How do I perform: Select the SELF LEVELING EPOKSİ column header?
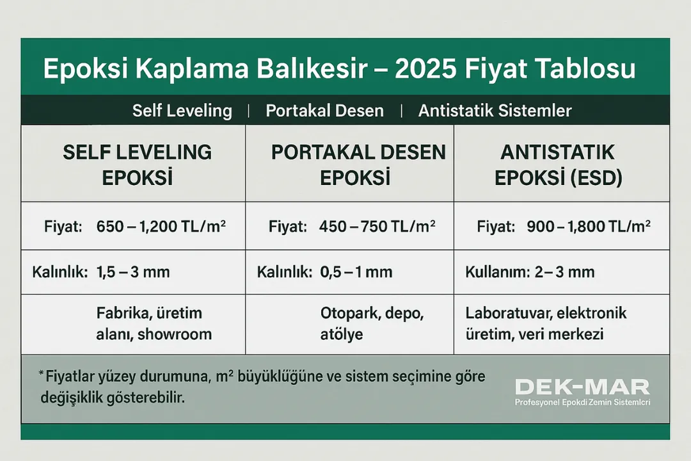pos(137,164)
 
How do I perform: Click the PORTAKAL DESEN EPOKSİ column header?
pos(358,164)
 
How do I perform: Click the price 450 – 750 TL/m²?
pos(377,226)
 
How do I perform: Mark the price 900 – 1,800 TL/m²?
pos(589,226)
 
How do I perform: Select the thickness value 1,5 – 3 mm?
pos(134,271)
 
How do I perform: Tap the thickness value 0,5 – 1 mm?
pos(356,271)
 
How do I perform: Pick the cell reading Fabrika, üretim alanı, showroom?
pos(154,323)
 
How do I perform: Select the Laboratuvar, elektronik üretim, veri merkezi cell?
pos(546,323)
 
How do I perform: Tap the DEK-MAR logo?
pos(582,387)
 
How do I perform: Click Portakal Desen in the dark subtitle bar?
pos(324,110)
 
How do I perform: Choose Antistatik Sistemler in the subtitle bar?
pos(495,110)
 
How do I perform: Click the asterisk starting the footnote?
pos(41,373)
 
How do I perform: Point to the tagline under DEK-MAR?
pos(582,402)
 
